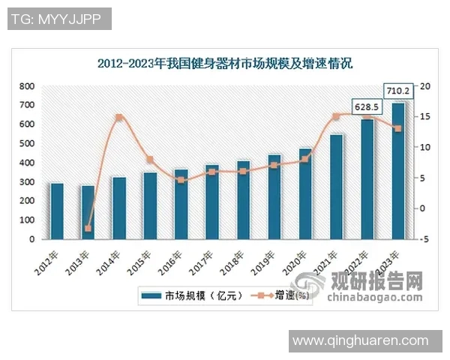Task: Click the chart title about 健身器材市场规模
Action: tap(225, 64)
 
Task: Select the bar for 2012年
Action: tap(57, 211)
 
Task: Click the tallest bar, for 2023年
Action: tap(397, 171)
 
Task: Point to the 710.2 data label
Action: tap(397, 91)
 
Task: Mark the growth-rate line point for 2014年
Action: tap(118, 118)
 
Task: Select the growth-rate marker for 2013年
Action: tap(88, 228)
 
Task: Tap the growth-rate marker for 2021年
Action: tap(336, 116)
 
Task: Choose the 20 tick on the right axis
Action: tap(425, 86)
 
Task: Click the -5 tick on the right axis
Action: tap(425, 239)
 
